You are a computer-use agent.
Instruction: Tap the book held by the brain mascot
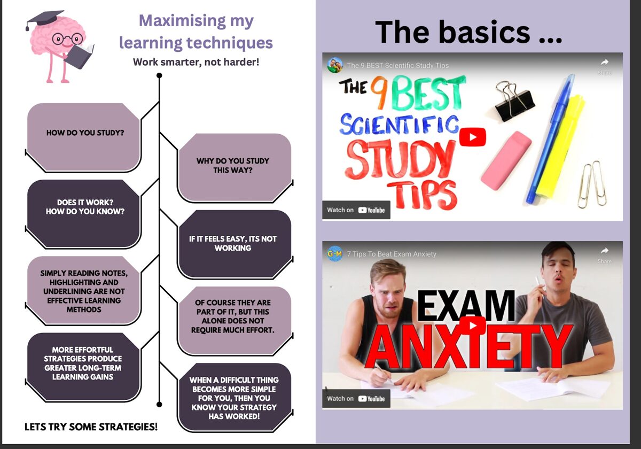coord(79,56)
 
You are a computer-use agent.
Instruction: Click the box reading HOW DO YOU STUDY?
coord(84,137)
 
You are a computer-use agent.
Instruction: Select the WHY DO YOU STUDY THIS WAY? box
coord(234,167)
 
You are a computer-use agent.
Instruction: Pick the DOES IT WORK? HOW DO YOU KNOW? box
coord(84,213)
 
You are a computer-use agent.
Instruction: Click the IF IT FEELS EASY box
coord(234,244)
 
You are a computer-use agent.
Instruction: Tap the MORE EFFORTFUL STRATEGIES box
coord(84,367)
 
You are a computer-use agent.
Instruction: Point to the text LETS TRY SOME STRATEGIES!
coord(91,427)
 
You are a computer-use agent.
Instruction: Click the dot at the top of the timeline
coord(159,75)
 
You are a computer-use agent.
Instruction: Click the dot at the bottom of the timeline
coord(159,404)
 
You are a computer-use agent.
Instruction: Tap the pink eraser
coord(506,160)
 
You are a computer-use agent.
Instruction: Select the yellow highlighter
coord(560,146)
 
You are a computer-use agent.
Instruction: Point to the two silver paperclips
coord(592,184)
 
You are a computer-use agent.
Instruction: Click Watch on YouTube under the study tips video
coord(356,210)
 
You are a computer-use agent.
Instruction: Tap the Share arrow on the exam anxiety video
coord(604,251)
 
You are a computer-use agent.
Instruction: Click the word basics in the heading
coord(484,32)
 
